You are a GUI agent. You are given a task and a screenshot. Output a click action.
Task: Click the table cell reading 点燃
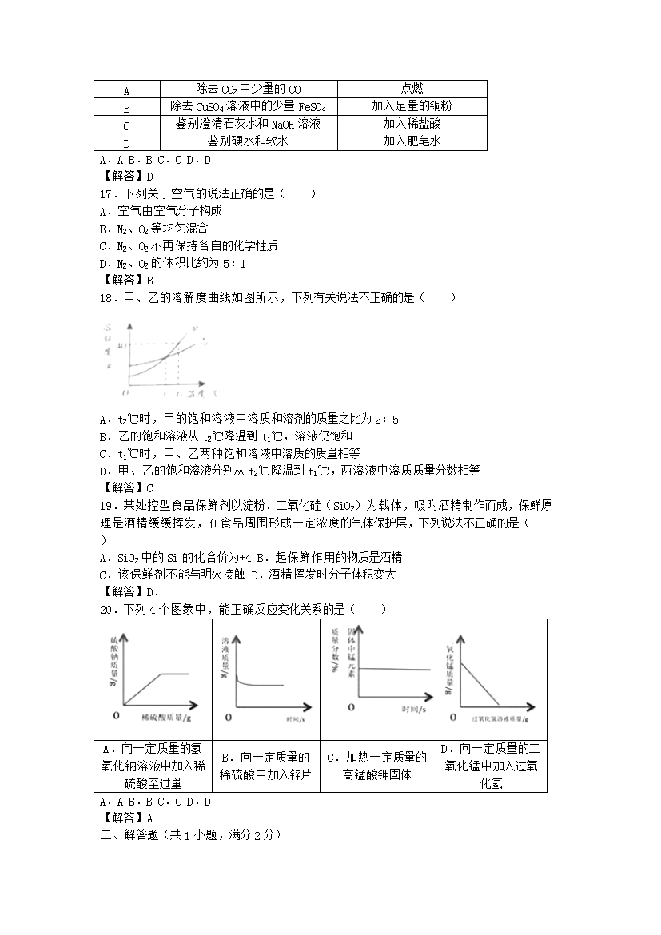tap(412, 89)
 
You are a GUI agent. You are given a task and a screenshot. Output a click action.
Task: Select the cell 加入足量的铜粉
tap(412, 106)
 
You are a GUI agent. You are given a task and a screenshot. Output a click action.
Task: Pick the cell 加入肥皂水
tap(412, 141)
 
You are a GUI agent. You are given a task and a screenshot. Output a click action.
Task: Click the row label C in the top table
tap(126, 125)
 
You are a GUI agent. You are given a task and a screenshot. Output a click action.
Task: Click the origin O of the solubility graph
tap(123, 393)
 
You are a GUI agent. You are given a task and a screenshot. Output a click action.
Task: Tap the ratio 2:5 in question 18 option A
tap(386, 419)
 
